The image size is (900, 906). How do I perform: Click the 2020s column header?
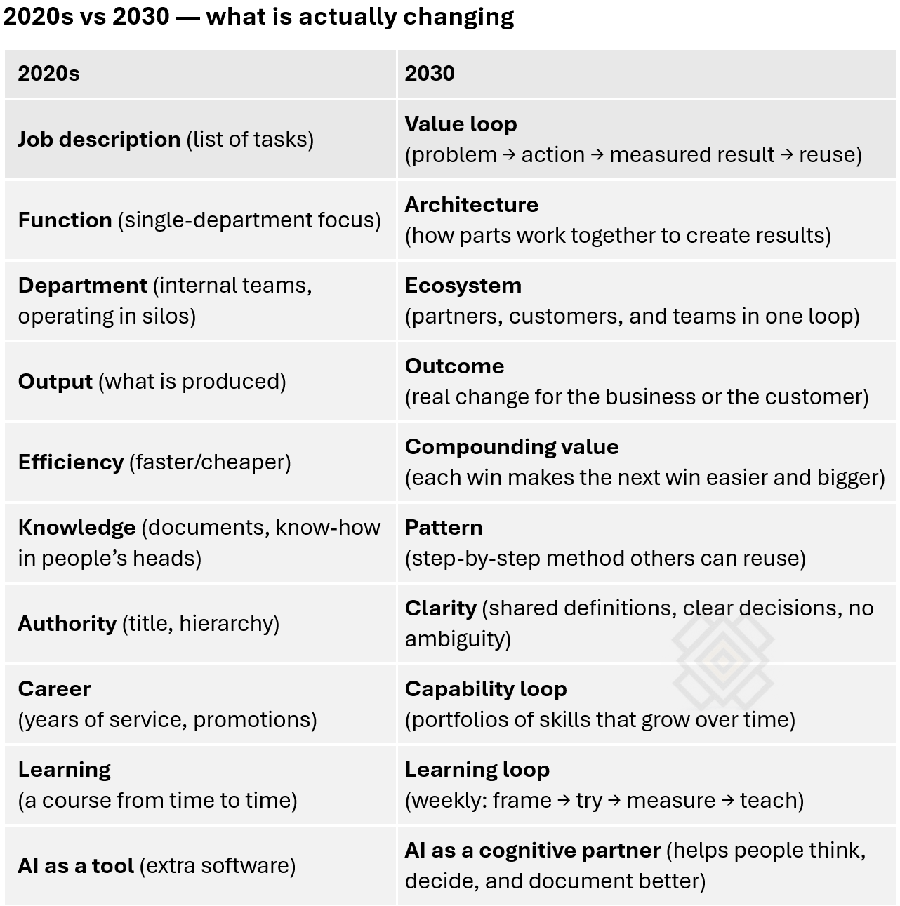tap(48, 74)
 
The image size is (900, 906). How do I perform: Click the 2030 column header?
tap(430, 74)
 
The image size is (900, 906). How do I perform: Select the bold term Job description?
tap(99, 140)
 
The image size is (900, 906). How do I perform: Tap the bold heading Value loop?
tap(461, 124)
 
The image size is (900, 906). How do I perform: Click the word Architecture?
tap(471, 205)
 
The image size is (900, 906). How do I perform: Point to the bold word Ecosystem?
tap(463, 286)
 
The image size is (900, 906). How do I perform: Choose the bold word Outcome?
tap(454, 366)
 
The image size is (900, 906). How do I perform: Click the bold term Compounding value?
tap(512, 447)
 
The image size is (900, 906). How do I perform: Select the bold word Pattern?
tap(444, 528)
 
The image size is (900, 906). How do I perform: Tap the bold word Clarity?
tap(440, 608)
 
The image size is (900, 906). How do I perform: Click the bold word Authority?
tap(67, 624)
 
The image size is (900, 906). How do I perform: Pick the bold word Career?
tap(54, 689)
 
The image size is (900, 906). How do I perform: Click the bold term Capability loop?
tap(485, 689)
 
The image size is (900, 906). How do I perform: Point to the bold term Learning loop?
tap(477, 770)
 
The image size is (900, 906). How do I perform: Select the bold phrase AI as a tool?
tap(76, 866)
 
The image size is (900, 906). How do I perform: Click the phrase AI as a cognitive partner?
tap(532, 851)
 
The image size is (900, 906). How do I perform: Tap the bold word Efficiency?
tap(71, 462)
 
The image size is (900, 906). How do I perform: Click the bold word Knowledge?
tap(77, 528)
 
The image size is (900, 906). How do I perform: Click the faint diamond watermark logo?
tap(722, 660)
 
